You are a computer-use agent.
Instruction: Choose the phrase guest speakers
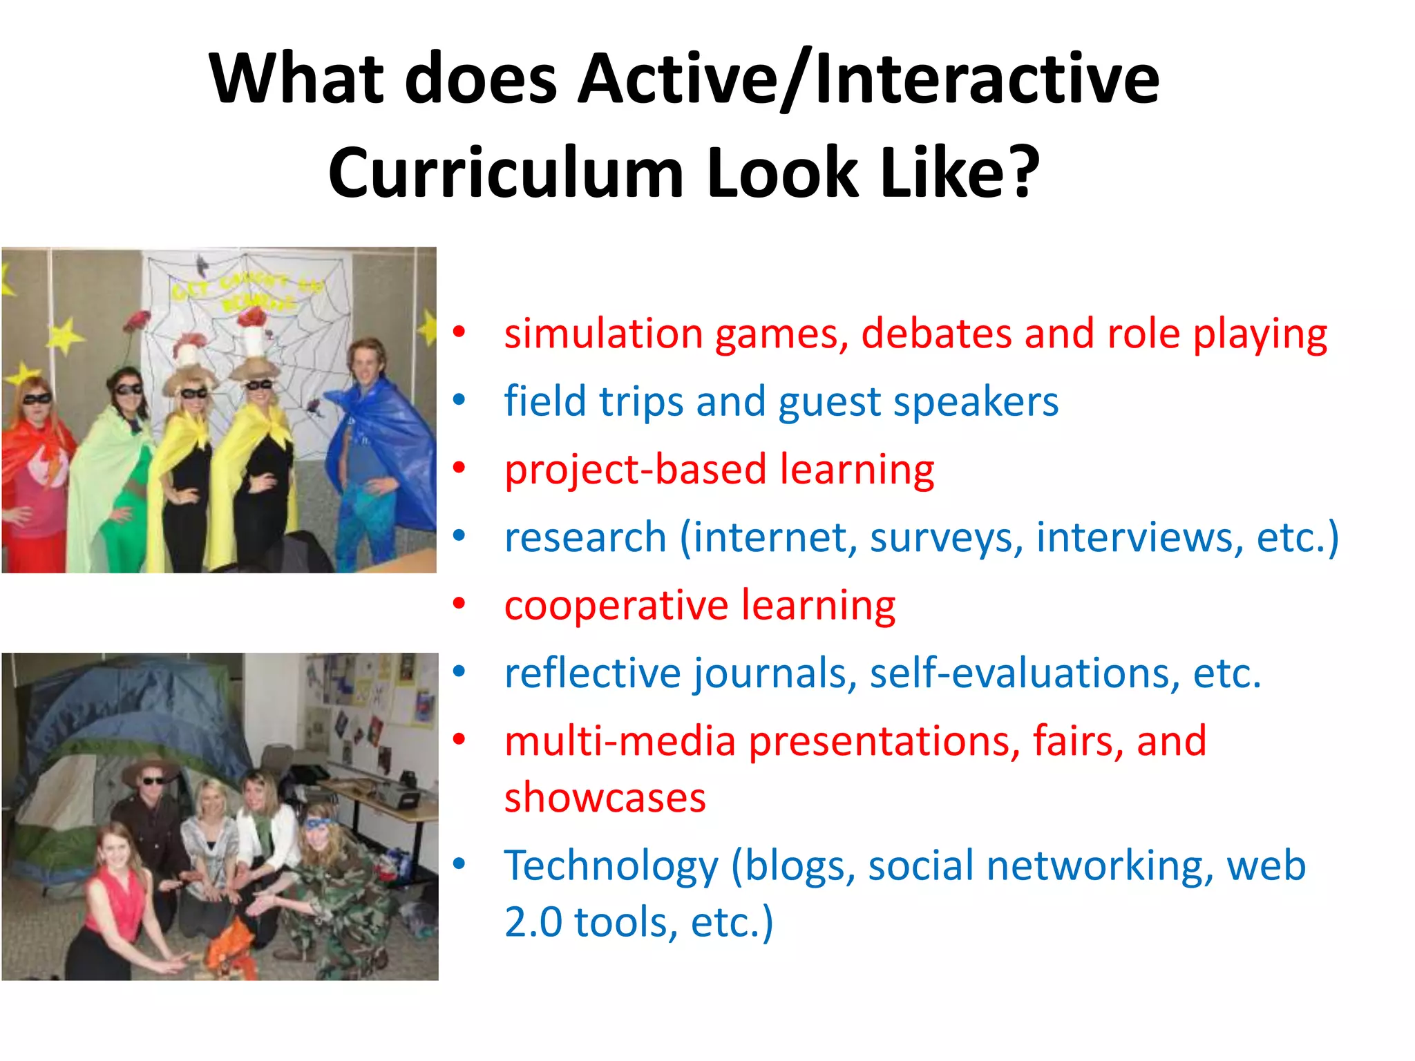point(918,402)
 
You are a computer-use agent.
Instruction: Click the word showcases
point(605,799)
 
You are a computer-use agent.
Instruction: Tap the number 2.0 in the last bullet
point(533,923)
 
